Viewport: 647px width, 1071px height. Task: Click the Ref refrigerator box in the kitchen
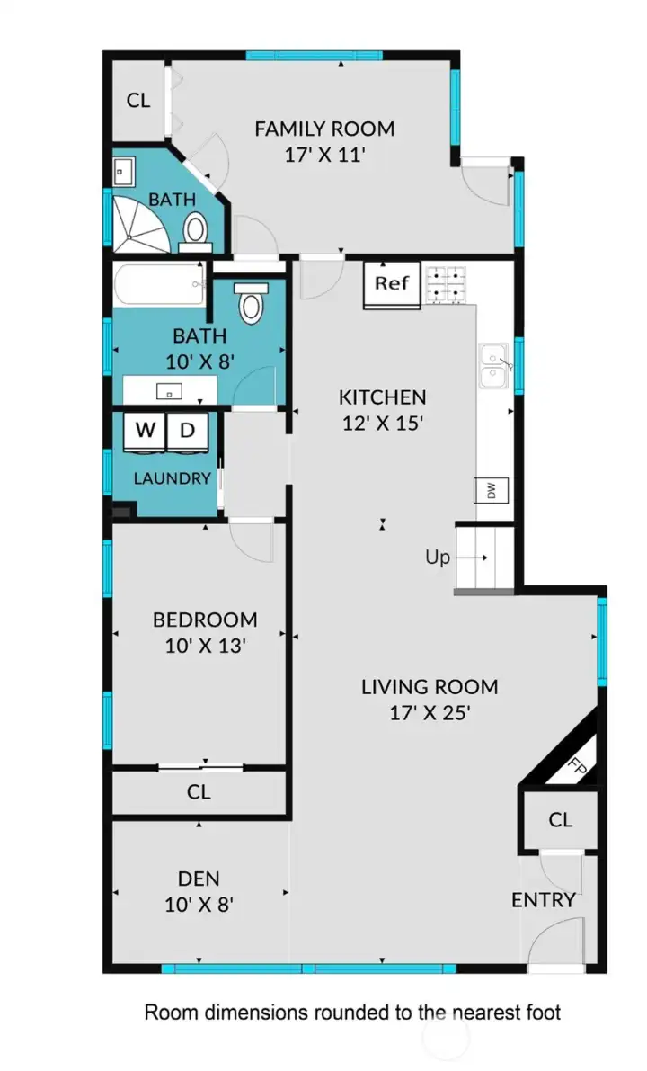point(392,284)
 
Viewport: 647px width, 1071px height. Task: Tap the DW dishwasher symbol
point(492,490)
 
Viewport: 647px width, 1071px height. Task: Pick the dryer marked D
point(188,430)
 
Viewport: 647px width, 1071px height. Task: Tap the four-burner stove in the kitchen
point(448,281)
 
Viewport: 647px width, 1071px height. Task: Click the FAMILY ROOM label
point(324,129)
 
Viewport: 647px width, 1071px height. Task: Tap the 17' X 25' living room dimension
point(429,713)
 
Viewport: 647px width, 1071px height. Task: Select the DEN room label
point(199,879)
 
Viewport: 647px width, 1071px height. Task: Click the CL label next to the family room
point(137,100)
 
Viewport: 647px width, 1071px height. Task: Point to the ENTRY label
point(543,900)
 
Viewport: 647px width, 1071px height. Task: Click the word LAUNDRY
point(173,478)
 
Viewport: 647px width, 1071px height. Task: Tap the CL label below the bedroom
point(199,792)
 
